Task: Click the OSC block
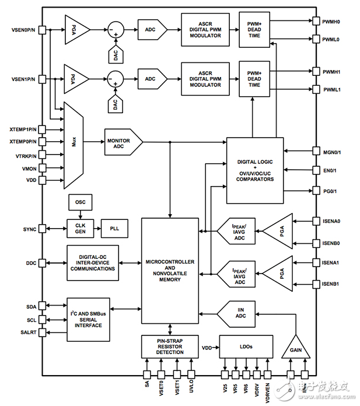tap(80, 202)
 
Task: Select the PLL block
tap(114, 227)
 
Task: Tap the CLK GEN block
tap(79, 227)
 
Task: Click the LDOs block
tap(246, 346)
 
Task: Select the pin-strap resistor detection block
tap(170, 346)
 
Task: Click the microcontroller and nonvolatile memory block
tap(170, 272)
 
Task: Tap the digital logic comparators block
tap(254, 170)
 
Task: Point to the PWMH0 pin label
tap(335, 22)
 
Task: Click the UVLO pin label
tap(192, 386)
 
